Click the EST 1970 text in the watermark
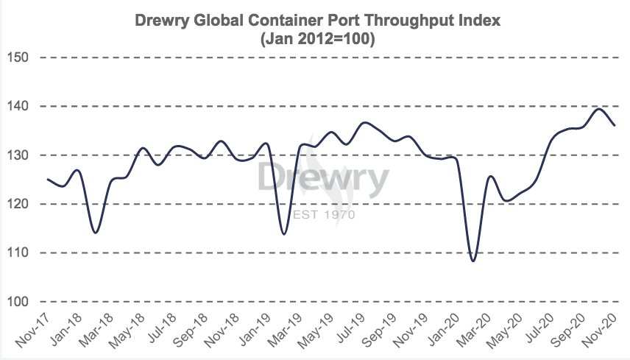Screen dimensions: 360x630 click(x=324, y=215)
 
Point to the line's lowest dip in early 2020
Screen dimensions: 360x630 click(x=473, y=261)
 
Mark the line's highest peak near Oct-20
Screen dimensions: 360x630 click(x=598, y=109)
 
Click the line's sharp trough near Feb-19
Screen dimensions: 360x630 click(x=284, y=234)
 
